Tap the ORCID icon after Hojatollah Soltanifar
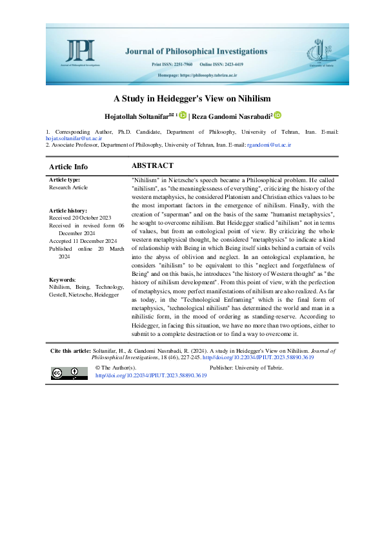tap(183, 116)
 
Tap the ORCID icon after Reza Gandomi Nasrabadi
tap(278, 116)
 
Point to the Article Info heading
tap(68, 167)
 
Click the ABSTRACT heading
tap(152, 166)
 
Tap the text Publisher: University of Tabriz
tap(248, 367)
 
